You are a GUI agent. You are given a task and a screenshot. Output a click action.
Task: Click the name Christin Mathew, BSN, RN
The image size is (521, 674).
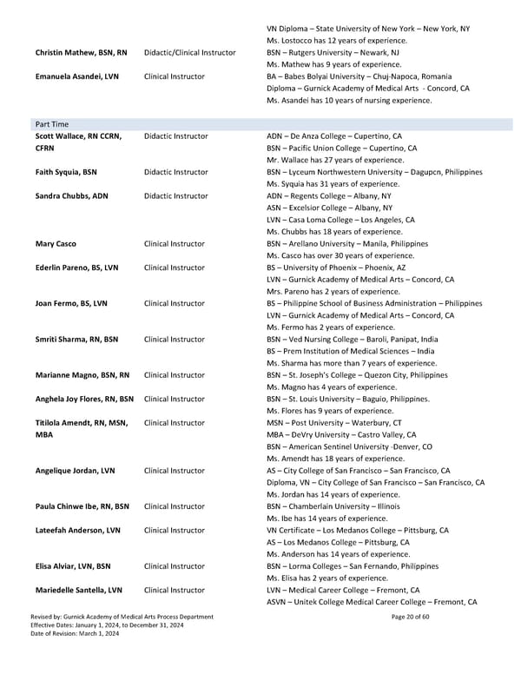pyautogui.click(x=81, y=53)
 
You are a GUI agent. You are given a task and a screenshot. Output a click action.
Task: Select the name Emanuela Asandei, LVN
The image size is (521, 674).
pyautogui.click(x=77, y=76)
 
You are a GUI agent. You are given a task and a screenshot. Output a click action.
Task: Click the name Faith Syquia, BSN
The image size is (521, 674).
pyautogui.click(x=66, y=173)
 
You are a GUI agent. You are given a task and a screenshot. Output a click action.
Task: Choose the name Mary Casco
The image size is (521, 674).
pyautogui.click(x=56, y=244)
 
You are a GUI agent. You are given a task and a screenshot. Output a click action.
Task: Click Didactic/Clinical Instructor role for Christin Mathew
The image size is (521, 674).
pyautogui.click(x=190, y=53)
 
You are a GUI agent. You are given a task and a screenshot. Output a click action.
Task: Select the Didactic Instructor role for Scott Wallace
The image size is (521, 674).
pyautogui.click(x=176, y=136)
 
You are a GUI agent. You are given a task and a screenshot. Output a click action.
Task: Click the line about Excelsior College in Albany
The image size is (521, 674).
pyautogui.click(x=329, y=208)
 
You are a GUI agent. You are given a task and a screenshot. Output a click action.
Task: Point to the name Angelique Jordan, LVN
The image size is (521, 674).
pyautogui.click(x=75, y=471)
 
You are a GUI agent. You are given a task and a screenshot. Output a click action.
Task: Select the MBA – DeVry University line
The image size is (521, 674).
pyautogui.click(x=341, y=434)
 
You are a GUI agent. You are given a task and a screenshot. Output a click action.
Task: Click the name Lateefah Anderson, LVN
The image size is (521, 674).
pyautogui.click(x=78, y=530)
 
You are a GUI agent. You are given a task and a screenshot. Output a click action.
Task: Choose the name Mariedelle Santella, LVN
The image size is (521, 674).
pyautogui.click(x=79, y=590)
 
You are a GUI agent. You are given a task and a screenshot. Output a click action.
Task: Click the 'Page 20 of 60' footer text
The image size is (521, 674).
pyautogui.click(x=411, y=641)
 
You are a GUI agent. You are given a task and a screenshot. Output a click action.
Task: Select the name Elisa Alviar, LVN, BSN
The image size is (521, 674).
pyautogui.click(x=73, y=565)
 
